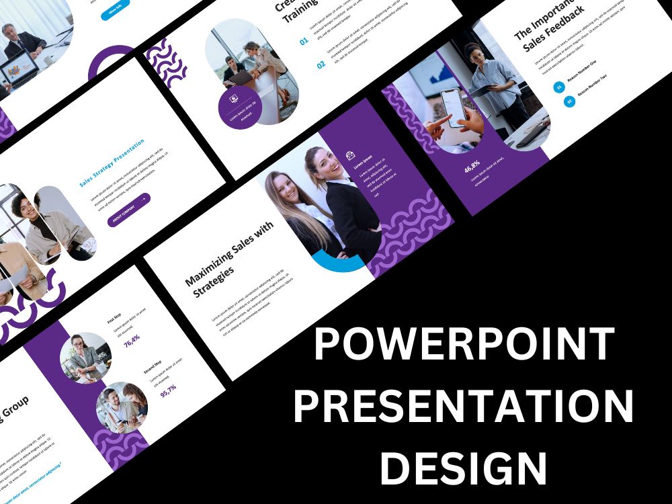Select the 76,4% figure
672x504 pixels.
tap(132, 338)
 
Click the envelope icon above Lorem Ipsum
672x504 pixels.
tap(350, 155)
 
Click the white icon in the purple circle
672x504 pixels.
tap(234, 98)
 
